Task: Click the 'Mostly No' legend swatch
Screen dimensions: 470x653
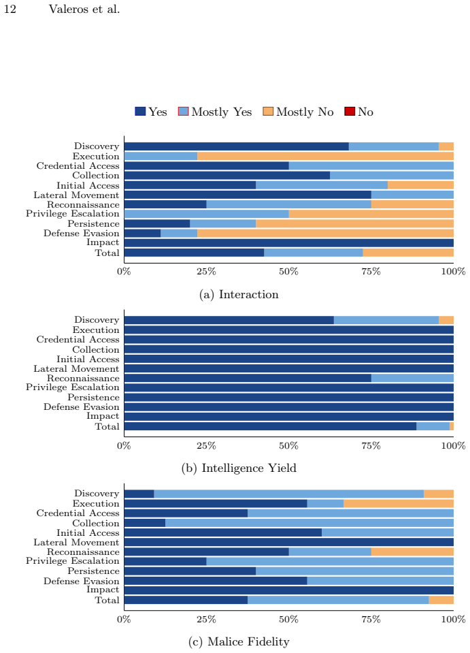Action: pos(268,112)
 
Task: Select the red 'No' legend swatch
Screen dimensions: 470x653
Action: pos(350,112)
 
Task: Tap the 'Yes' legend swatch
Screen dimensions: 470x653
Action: pos(140,112)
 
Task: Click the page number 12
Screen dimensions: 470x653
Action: pos(10,9)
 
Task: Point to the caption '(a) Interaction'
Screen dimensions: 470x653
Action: pos(239,294)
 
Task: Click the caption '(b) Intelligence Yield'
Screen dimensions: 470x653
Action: pos(239,468)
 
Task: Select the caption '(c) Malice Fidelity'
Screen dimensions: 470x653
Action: pos(239,641)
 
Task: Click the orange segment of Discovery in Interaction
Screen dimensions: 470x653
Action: pos(446,146)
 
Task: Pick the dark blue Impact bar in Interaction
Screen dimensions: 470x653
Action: pos(288,243)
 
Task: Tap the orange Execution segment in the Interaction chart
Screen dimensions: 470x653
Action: pos(325,156)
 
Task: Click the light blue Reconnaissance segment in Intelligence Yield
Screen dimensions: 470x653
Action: pos(412,378)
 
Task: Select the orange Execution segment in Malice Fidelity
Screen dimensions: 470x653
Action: pos(399,503)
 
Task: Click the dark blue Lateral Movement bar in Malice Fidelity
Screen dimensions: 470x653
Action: pos(288,542)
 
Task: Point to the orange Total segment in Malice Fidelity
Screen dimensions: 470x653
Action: pos(441,600)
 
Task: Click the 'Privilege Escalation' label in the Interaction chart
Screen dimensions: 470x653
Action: pos(72,214)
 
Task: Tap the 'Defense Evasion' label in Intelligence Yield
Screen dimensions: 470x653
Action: pos(81,407)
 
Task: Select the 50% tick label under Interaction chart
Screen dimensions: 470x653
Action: pos(288,272)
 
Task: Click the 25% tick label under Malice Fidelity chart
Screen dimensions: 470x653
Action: pos(206,619)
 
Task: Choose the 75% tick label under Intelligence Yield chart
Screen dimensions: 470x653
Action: pos(371,445)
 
